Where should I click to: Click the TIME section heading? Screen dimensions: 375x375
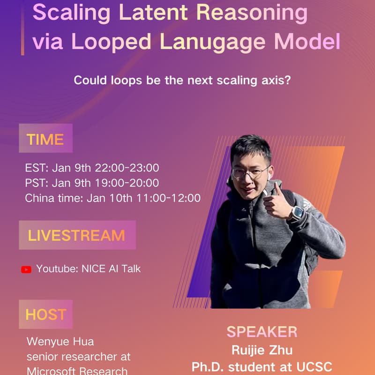(x=45, y=139)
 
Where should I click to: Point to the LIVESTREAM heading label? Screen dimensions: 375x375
(x=76, y=235)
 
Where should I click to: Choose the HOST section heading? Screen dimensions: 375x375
(x=45, y=315)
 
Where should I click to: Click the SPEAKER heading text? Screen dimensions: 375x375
(x=262, y=332)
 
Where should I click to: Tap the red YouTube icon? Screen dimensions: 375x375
(x=26, y=270)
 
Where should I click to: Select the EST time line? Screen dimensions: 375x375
(x=92, y=167)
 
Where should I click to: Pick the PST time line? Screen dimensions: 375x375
(x=92, y=183)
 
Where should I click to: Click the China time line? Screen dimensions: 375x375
(x=112, y=198)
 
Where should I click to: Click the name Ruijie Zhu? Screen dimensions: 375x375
(x=262, y=350)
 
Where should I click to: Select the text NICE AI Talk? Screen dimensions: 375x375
(x=111, y=269)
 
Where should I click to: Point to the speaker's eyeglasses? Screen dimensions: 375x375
(x=250, y=172)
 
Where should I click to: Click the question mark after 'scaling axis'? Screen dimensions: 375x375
(x=287, y=80)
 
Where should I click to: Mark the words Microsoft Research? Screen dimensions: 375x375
(x=77, y=371)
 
